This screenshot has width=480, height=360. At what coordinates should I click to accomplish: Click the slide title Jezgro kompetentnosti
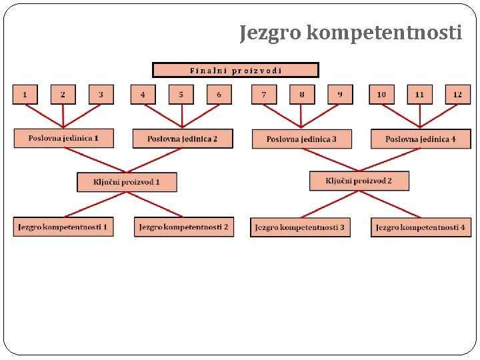351,32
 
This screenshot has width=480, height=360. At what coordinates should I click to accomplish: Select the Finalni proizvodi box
235,70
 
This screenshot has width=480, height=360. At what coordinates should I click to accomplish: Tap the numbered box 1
25,95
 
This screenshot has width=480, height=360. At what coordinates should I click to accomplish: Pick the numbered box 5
181,95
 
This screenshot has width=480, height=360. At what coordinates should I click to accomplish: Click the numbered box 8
302,95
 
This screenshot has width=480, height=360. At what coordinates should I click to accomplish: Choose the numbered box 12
457,95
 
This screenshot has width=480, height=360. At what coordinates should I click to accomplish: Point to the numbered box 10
381,95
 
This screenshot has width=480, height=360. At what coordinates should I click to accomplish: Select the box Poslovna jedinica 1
63,138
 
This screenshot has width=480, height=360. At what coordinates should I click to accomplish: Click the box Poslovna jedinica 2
183,139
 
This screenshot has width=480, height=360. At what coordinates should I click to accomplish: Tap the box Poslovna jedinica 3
301,139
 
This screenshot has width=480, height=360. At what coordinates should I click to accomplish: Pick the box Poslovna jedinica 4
421,139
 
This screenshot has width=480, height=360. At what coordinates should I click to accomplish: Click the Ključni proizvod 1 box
127,182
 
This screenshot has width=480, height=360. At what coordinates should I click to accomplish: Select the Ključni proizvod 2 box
359,181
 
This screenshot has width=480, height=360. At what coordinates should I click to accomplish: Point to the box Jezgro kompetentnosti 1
63,227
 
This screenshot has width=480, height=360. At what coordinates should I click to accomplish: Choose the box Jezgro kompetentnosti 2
184,227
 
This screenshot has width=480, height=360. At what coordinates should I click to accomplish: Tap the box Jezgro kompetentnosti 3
300,227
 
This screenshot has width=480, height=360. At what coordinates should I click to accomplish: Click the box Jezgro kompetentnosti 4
421,227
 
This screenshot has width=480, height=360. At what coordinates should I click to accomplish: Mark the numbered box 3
101,95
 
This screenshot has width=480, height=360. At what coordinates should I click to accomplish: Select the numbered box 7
264,95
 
